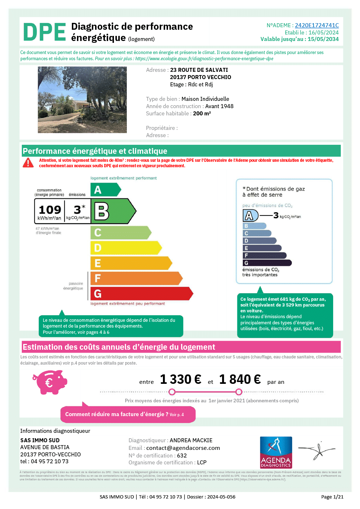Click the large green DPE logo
click(x=44, y=32)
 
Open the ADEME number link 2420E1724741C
click(x=316, y=25)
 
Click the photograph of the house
click(x=82, y=100)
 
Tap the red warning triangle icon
click(x=28, y=163)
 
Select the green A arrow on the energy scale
click(x=105, y=190)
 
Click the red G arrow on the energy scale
click(x=141, y=294)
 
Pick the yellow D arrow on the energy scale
click(x=126, y=248)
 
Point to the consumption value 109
click(x=50, y=210)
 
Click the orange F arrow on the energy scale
click(x=136, y=278)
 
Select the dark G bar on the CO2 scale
click(x=267, y=263)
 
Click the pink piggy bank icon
click(x=50, y=382)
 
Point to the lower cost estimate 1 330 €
click(x=180, y=379)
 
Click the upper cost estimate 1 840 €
click(x=240, y=379)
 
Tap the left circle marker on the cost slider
click(x=172, y=392)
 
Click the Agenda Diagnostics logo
click(x=276, y=452)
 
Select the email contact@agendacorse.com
click(x=183, y=448)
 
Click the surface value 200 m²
click(x=202, y=114)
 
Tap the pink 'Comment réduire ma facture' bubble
click(x=128, y=414)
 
